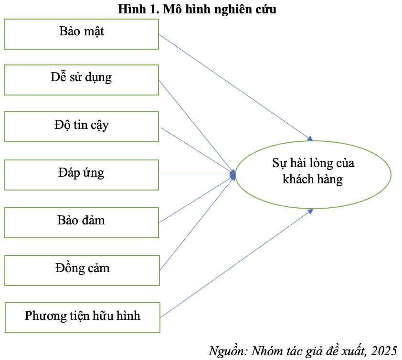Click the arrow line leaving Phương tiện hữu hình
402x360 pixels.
(x=236, y=264)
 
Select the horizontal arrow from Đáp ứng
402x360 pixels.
(x=197, y=175)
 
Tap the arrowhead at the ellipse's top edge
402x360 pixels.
(x=310, y=139)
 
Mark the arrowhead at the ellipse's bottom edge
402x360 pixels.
(x=310, y=212)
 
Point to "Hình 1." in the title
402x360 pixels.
(x=139, y=9)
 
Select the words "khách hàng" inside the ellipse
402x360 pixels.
(x=313, y=179)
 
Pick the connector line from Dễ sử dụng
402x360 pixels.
(x=197, y=127)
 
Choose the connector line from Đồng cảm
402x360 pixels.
(x=197, y=223)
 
